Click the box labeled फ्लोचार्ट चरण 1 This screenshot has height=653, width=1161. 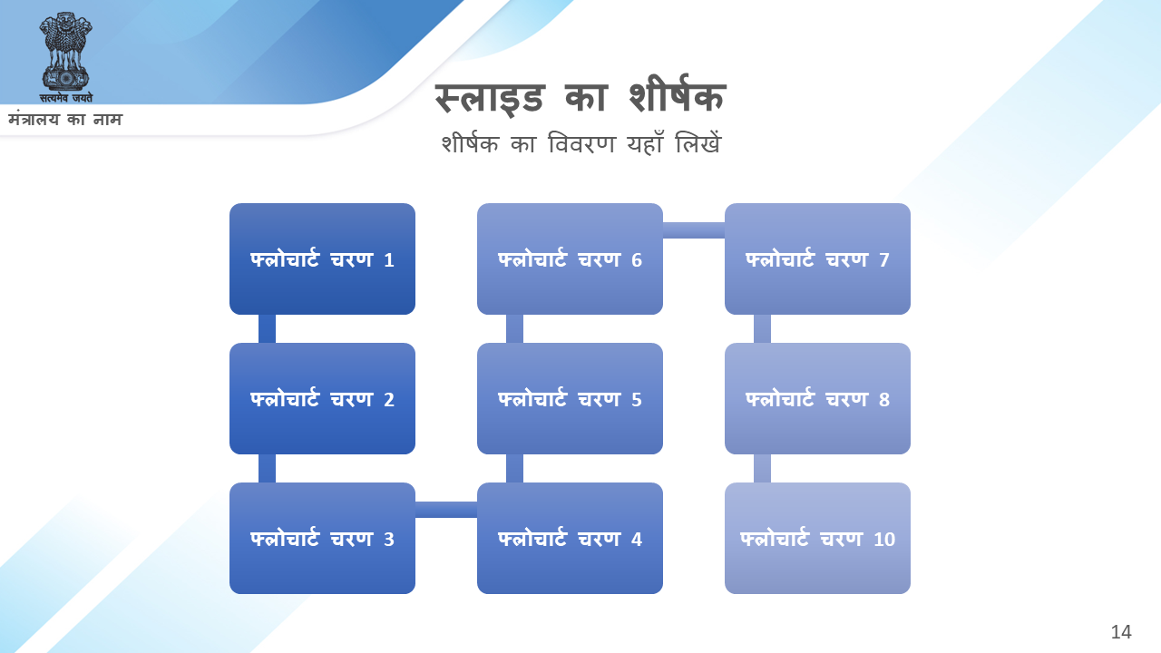pos(322,258)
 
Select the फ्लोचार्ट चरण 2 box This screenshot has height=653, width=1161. pos(322,398)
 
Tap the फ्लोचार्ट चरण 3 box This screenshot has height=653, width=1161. pos(322,538)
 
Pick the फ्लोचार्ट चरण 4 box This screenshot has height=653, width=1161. pos(570,538)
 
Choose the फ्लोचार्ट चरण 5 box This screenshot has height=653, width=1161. pos(570,398)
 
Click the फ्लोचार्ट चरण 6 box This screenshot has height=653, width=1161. pos(570,258)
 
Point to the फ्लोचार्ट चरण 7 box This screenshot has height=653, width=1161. pos(817,258)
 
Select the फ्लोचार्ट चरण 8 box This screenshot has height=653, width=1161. pos(817,398)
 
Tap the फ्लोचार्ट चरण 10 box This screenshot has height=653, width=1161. pos(817,538)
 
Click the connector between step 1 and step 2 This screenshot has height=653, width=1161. pos(267,328)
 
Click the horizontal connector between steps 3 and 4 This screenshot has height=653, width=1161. pos(446,510)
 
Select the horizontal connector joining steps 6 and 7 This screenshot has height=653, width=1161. pos(694,230)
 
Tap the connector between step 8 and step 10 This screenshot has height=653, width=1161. pos(762,469)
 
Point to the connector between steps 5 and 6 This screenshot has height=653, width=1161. pos(514,328)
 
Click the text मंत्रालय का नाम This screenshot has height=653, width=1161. pos(65,120)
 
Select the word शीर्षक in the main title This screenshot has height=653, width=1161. pos(678,95)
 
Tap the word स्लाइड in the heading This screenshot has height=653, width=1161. pos(489,99)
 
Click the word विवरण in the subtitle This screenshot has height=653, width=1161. pos(581,143)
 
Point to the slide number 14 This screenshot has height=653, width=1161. pos(1121,632)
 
